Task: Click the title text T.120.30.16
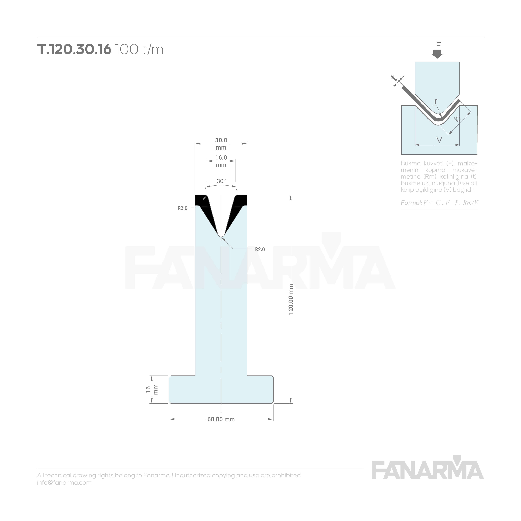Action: point(74,49)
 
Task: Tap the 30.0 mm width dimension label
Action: point(221,144)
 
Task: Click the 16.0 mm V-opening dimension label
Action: point(221,161)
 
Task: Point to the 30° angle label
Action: point(221,181)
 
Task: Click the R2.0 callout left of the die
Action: point(182,208)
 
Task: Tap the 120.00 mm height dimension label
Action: point(291,299)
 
